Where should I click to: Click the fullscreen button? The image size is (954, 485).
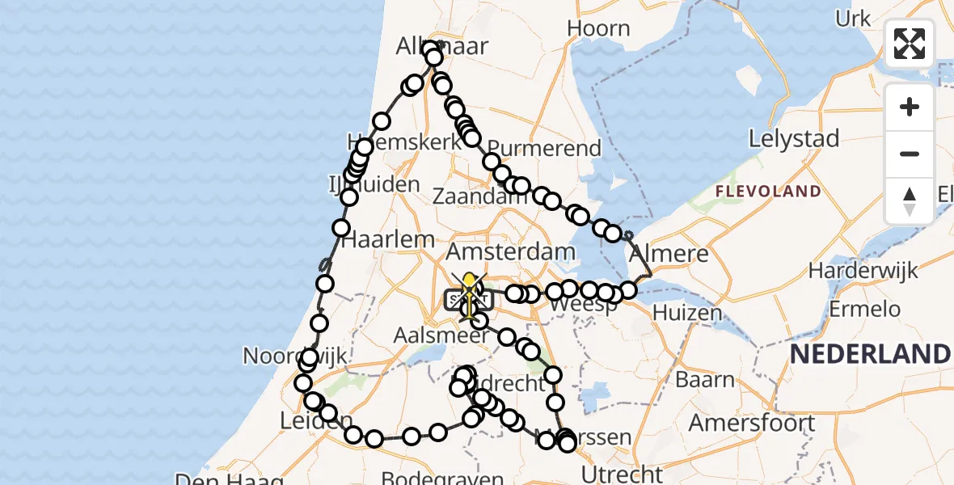click(x=910, y=44)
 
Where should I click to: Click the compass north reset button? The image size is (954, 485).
click(x=910, y=201)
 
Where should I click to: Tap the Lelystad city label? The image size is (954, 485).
click(x=794, y=139)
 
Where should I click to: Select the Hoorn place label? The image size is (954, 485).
click(x=598, y=28)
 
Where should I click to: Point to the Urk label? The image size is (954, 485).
click(x=853, y=19)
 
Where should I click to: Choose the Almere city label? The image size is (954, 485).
click(x=669, y=254)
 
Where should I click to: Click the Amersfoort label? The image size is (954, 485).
click(x=752, y=422)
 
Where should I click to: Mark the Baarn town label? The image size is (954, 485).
click(x=706, y=380)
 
